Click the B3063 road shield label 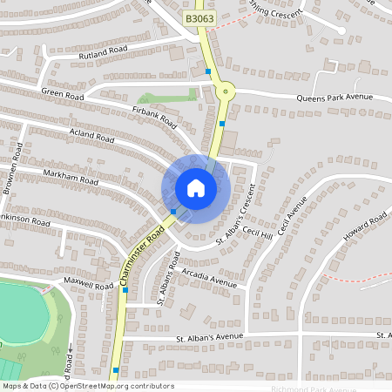[199, 17]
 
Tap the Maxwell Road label [88, 285]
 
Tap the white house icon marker [196, 187]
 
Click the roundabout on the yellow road [226, 89]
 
